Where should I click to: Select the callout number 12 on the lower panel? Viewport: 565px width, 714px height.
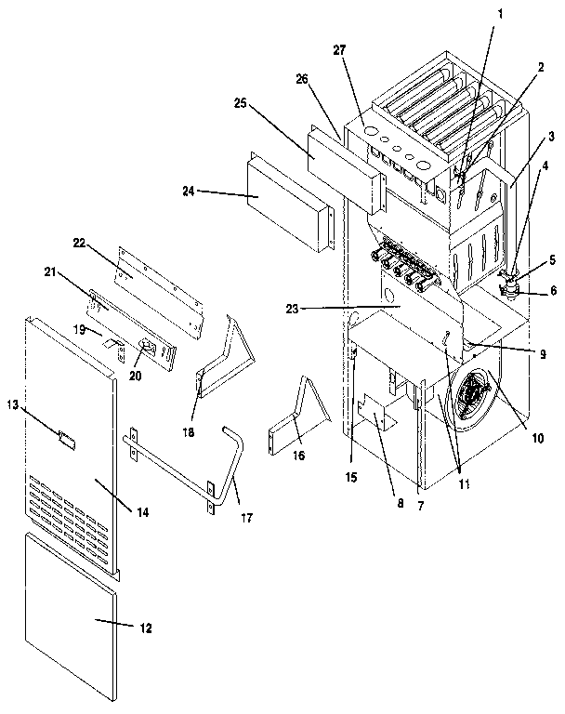click(x=145, y=628)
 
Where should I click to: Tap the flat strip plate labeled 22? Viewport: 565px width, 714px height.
click(x=158, y=280)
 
